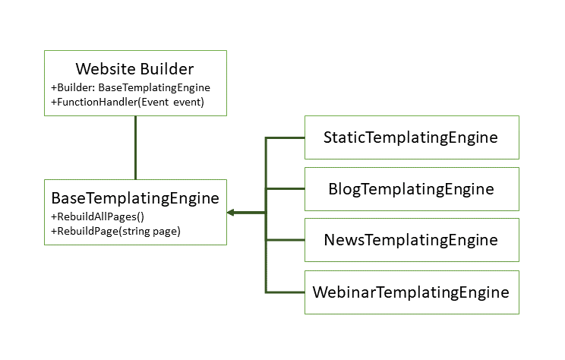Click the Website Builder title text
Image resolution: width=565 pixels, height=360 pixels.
(x=134, y=70)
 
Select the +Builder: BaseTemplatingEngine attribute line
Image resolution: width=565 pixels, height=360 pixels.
(x=130, y=87)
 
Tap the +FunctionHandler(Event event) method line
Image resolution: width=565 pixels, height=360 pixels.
(x=127, y=102)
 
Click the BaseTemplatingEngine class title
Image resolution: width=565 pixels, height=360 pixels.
(x=134, y=198)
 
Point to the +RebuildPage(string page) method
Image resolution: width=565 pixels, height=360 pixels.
(x=115, y=231)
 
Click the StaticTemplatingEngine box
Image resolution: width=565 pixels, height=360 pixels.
(x=411, y=137)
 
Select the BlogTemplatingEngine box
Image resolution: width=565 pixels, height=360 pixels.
(x=411, y=189)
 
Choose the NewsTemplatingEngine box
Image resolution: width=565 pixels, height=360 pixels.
(x=411, y=240)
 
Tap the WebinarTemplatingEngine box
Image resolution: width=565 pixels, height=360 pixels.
(x=411, y=292)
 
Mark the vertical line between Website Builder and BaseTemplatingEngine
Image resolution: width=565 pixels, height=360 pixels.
(x=135, y=147)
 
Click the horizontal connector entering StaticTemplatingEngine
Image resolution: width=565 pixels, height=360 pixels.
(x=285, y=138)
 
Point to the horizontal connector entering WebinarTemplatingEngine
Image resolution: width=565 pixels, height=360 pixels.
(x=285, y=292)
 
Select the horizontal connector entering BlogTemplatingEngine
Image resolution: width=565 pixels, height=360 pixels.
(x=285, y=189)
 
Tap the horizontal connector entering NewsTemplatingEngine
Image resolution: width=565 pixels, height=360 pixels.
(x=285, y=240)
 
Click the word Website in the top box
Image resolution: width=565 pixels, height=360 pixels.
(x=106, y=70)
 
